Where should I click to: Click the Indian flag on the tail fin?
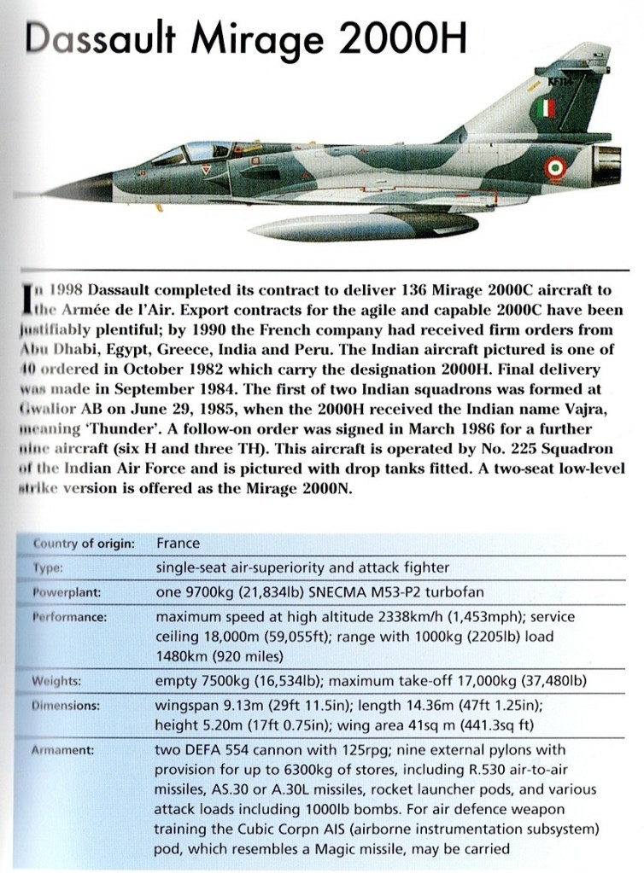tap(547, 108)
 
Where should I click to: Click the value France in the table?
tap(178, 544)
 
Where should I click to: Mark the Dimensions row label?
tap(66, 707)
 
